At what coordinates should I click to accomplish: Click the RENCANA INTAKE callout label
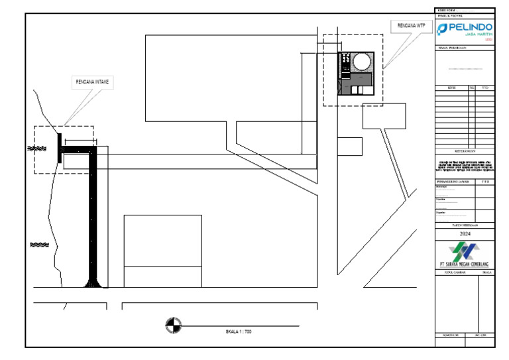point(93,83)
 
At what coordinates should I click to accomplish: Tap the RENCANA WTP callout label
point(410,26)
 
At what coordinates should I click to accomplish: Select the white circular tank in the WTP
point(361,62)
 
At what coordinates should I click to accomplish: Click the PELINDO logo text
point(470,28)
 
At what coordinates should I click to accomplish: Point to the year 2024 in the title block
point(465,234)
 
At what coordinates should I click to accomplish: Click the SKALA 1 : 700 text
point(238,331)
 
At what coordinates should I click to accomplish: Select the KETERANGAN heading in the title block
point(464,151)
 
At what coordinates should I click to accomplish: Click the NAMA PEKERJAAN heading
point(453,48)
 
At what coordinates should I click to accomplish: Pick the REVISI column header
point(452,88)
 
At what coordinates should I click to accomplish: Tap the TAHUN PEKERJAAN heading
point(465,225)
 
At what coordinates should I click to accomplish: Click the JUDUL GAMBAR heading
point(452,272)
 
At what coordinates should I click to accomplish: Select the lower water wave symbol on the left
point(39,245)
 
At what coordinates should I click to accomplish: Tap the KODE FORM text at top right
point(447,10)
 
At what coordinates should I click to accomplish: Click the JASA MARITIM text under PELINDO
point(471,36)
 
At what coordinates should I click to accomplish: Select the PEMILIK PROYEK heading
point(449,15)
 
